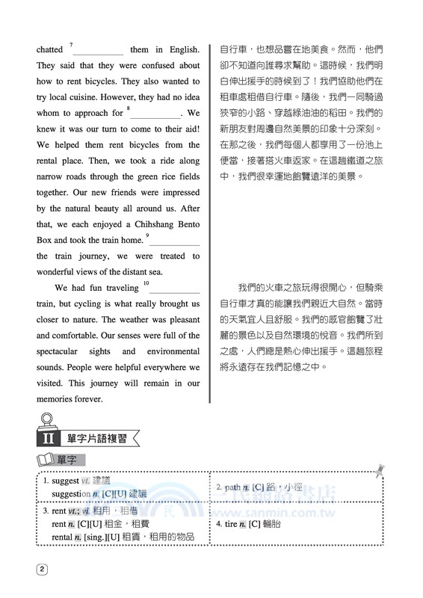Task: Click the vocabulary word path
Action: [x=232, y=487]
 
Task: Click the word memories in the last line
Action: [x=58, y=399]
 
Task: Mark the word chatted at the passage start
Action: [x=50, y=49]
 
